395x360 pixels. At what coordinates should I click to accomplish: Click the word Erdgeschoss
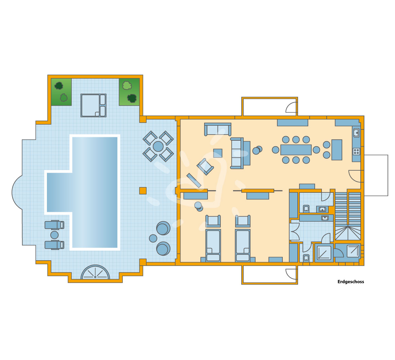(x=351, y=282)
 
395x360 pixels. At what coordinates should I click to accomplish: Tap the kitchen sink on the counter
(x=356, y=132)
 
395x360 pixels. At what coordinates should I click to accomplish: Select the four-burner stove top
(x=356, y=152)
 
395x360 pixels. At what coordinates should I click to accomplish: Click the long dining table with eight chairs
(x=296, y=150)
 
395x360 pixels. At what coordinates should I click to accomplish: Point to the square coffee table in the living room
(x=218, y=153)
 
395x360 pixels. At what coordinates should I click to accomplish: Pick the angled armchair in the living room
(x=205, y=167)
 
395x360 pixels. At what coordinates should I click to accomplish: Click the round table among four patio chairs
(x=158, y=146)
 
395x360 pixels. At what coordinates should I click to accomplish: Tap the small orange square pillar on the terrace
(x=143, y=191)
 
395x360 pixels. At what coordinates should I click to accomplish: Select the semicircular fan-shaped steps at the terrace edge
(x=95, y=272)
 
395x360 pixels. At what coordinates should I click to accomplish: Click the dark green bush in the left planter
(x=59, y=86)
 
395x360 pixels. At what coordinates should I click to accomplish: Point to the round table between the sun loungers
(x=54, y=235)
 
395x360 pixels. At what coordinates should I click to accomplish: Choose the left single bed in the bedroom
(x=213, y=245)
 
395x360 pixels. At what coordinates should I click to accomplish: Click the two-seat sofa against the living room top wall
(x=218, y=129)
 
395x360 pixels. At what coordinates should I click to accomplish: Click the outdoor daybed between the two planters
(x=94, y=105)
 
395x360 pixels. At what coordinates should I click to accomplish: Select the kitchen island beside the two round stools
(x=337, y=150)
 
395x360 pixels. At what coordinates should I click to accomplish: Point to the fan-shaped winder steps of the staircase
(x=348, y=233)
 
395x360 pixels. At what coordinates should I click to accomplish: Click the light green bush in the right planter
(x=127, y=85)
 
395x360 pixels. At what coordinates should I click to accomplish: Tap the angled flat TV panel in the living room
(x=194, y=181)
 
